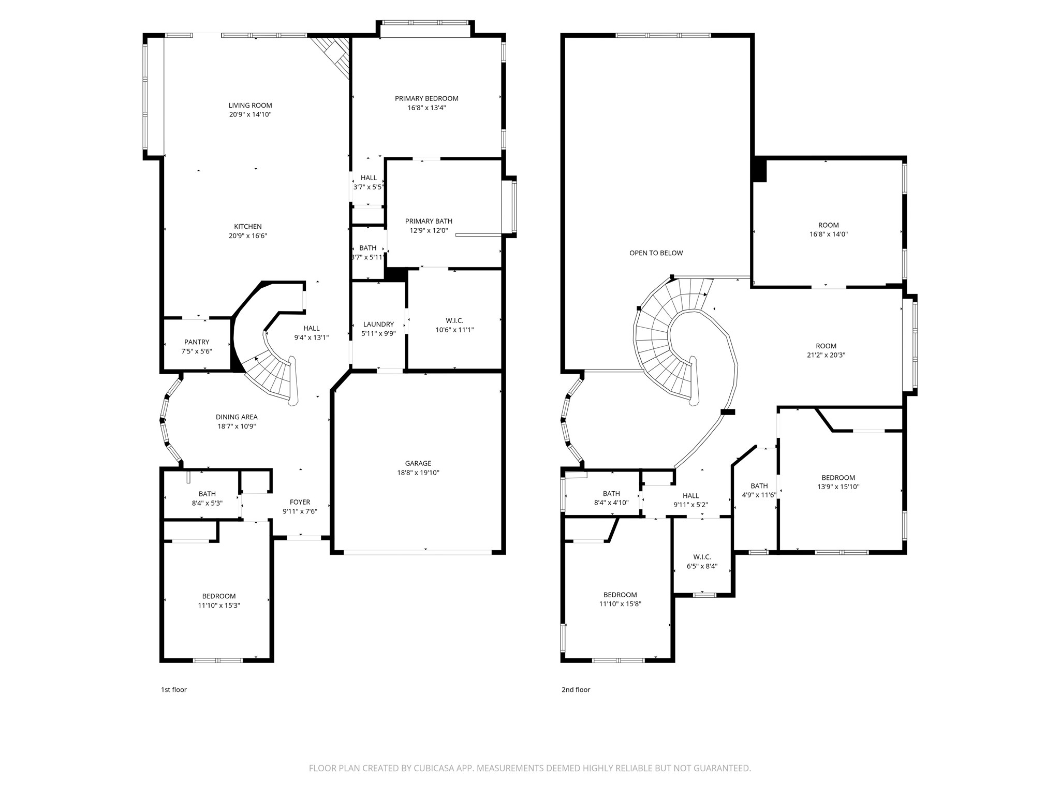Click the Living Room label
point(250,106)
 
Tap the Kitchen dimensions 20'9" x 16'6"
point(247,236)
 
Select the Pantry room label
point(197,342)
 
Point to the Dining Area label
point(237,417)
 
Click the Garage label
point(418,464)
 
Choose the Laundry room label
point(378,325)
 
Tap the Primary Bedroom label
point(426,99)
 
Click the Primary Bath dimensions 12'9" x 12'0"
point(429,231)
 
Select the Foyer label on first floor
point(300,502)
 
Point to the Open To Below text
point(656,253)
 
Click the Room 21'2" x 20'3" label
point(826,350)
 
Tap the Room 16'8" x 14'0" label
point(828,229)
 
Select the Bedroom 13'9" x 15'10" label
point(838,482)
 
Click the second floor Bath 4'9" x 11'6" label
point(759,490)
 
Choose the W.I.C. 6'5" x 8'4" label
point(702,562)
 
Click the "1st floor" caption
point(173,689)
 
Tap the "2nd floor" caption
point(576,689)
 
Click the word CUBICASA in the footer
point(434,769)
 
